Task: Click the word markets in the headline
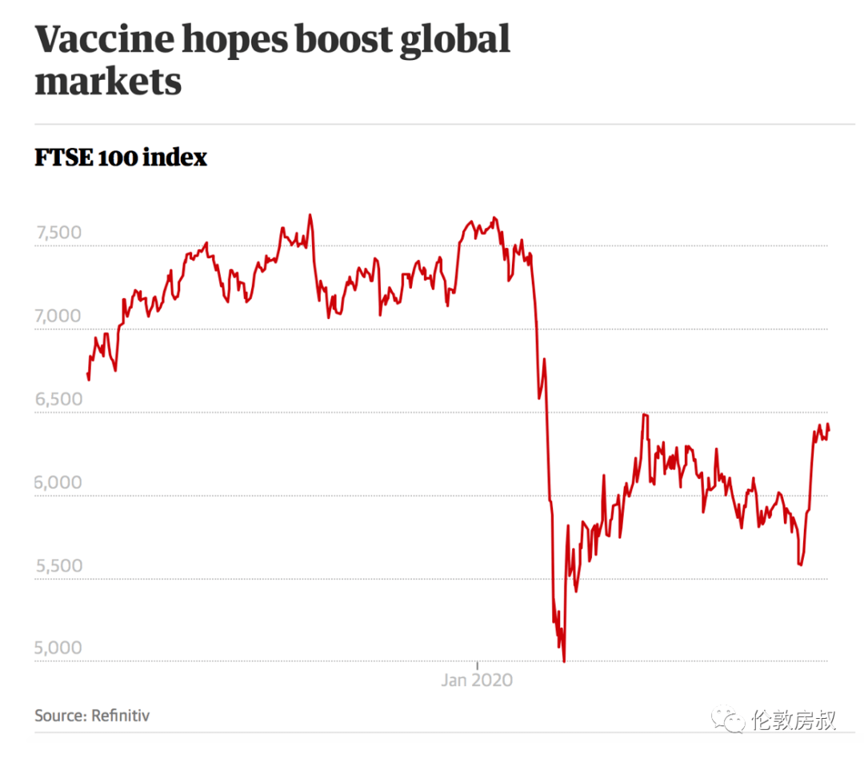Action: click(x=108, y=82)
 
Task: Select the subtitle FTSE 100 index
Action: click(x=121, y=158)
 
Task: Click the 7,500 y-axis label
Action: click(x=58, y=233)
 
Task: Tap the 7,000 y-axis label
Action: click(x=58, y=316)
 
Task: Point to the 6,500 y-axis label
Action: click(x=58, y=399)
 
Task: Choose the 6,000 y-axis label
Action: click(x=58, y=482)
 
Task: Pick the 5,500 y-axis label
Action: click(x=58, y=565)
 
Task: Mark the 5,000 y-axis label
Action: click(x=58, y=648)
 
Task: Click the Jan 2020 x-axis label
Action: click(x=477, y=680)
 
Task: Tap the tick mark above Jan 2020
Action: click(x=478, y=665)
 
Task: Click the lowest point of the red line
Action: click(x=564, y=661)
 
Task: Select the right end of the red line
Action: click(x=829, y=430)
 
